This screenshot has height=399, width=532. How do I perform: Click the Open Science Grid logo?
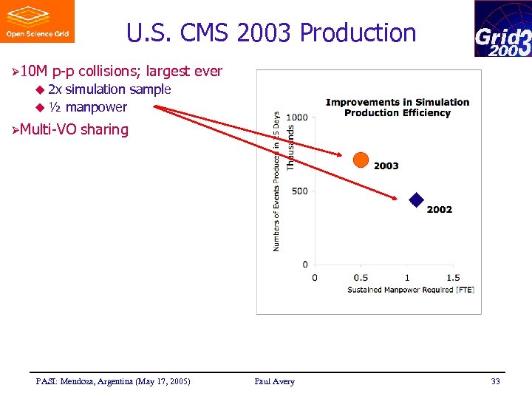(x=37, y=21)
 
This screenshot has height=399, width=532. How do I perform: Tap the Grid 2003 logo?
(x=502, y=29)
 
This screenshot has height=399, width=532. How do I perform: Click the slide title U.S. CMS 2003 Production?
(x=271, y=33)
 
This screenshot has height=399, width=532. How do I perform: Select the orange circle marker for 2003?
(x=361, y=160)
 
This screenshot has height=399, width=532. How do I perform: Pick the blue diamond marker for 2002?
(x=417, y=199)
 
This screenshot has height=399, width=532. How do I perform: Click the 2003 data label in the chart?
(x=386, y=166)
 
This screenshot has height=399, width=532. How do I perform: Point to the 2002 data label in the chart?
(x=439, y=210)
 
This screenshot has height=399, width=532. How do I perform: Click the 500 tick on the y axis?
(x=300, y=191)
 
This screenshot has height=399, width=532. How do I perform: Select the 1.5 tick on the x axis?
(x=453, y=277)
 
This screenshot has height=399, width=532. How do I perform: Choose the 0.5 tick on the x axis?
(x=361, y=277)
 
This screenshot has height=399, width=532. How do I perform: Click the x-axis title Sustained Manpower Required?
(x=411, y=290)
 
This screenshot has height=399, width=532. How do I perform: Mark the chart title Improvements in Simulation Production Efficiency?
(x=398, y=107)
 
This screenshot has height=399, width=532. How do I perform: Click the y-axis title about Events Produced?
(x=276, y=181)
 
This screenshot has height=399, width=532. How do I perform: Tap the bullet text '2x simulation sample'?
(x=109, y=89)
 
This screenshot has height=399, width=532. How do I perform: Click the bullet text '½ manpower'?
(x=87, y=107)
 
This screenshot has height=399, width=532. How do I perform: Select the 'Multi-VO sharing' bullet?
(x=74, y=130)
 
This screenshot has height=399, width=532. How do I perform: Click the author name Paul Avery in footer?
(x=274, y=381)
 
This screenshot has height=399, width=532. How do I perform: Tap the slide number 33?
(x=495, y=381)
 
